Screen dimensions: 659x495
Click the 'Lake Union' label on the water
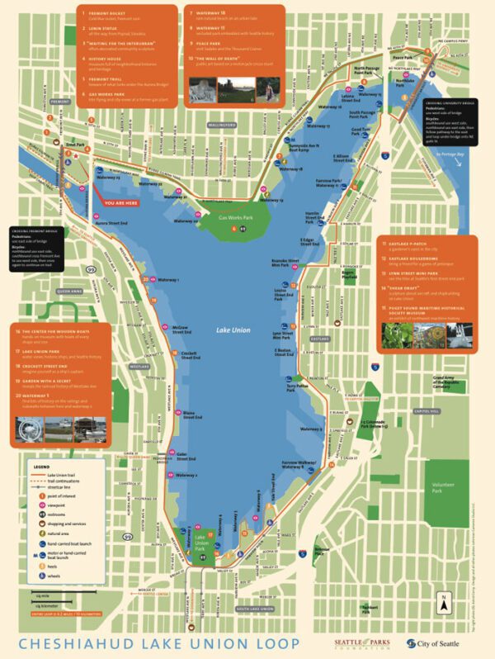[x=233, y=329]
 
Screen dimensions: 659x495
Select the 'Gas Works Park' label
[x=235, y=217]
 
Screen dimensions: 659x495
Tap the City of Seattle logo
[x=427, y=643]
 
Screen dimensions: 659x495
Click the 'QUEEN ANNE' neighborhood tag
[x=70, y=292]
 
